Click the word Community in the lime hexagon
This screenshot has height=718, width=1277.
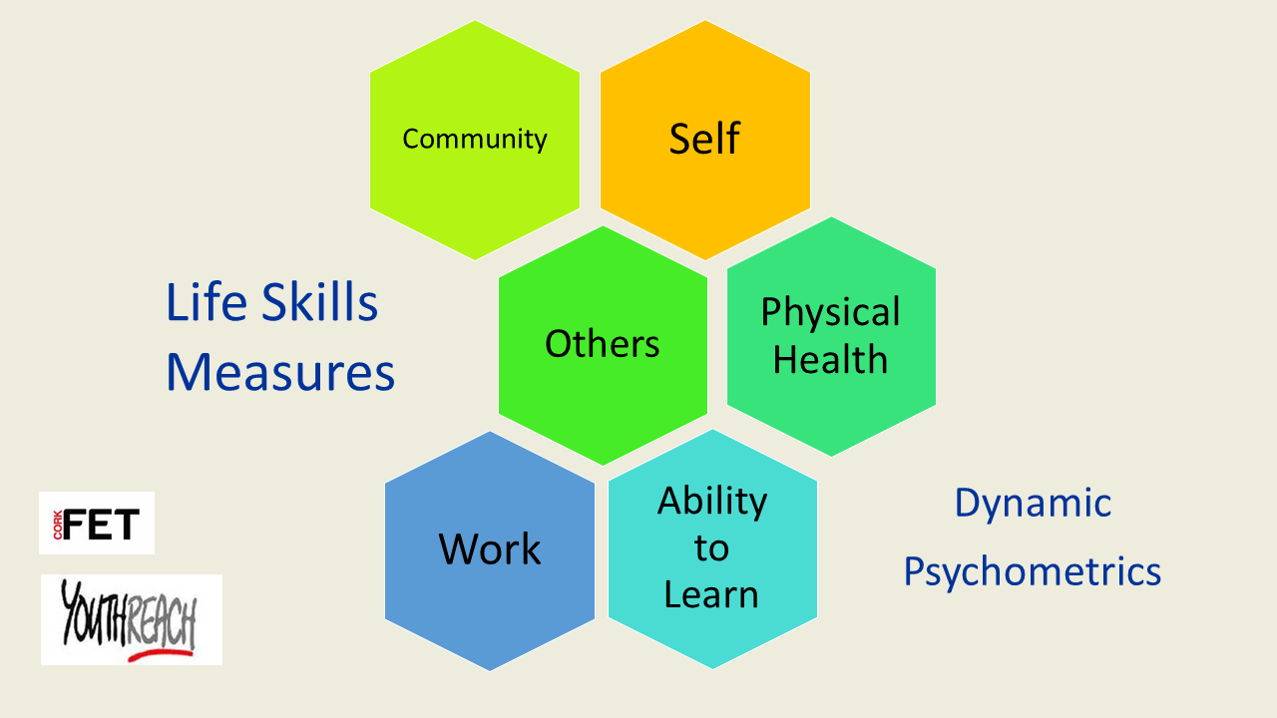pyautogui.click(x=474, y=139)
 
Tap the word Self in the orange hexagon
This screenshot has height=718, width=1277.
pyautogui.click(x=704, y=138)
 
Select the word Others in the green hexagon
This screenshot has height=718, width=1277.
pyautogui.click(x=603, y=344)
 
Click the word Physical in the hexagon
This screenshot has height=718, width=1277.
pyautogui.click(x=831, y=312)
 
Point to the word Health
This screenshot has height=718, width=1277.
pyautogui.click(x=831, y=359)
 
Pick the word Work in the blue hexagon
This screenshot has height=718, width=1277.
pyautogui.click(x=490, y=548)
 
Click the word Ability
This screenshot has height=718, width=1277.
pyautogui.click(x=712, y=502)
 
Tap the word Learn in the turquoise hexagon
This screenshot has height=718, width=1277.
pyautogui.click(x=711, y=594)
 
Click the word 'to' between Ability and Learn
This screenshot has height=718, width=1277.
pyautogui.click(x=711, y=548)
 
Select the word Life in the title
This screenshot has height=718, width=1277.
pyautogui.click(x=207, y=302)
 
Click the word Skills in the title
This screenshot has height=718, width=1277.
pyautogui.click(x=320, y=302)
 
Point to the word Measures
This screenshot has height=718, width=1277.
pyautogui.click(x=280, y=372)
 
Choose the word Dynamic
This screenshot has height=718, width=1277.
pyautogui.click(x=1033, y=504)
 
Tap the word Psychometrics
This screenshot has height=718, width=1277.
pyautogui.click(x=1033, y=571)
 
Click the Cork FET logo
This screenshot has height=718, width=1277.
pyautogui.click(x=97, y=523)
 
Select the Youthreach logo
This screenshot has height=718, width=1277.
pyautogui.click(x=132, y=619)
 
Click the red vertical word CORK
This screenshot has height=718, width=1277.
pyautogui.click(x=58, y=525)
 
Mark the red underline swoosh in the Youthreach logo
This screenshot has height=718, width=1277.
pyautogui.click(x=162, y=655)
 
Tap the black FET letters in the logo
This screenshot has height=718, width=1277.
pyautogui.click(x=101, y=525)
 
